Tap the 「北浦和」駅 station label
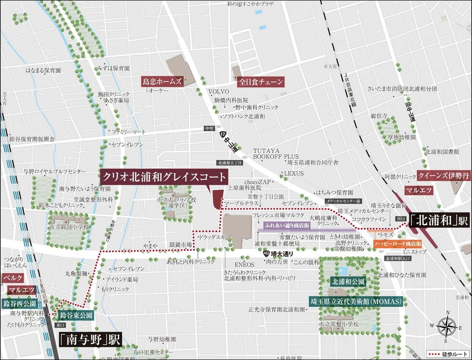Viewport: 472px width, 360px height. pyautogui.click(x=439, y=221)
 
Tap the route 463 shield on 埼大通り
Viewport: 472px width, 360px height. pyautogui.click(x=266, y=253)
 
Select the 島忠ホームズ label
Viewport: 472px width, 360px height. pyautogui.click(x=162, y=82)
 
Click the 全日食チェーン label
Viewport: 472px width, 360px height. pyautogui.click(x=261, y=82)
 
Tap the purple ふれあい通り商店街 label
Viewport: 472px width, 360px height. pyautogui.click(x=287, y=225)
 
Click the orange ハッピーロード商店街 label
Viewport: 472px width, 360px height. pyautogui.click(x=398, y=244)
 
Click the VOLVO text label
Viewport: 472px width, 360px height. pyautogui.click(x=217, y=92)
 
